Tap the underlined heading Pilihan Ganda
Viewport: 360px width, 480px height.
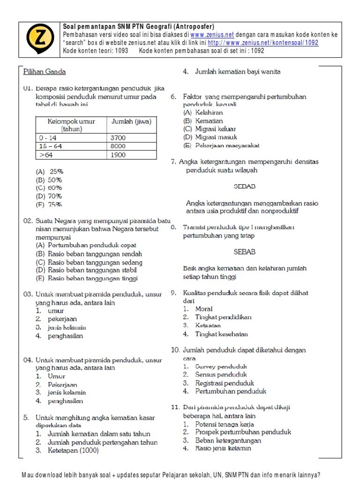click(45, 72)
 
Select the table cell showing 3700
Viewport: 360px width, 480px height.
click(118, 138)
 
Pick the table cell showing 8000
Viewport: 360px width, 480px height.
click(118, 147)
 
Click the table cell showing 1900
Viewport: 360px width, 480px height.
click(118, 155)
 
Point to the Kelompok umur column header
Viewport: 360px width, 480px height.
click(71, 125)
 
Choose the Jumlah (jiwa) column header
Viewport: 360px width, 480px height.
click(131, 122)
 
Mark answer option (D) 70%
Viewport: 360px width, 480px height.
click(49, 196)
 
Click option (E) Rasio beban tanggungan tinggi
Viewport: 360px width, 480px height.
click(87, 278)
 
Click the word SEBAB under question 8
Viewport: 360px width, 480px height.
click(244, 252)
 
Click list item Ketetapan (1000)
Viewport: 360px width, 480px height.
click(73, 451)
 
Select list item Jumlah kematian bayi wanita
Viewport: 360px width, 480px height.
click(238, 72)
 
